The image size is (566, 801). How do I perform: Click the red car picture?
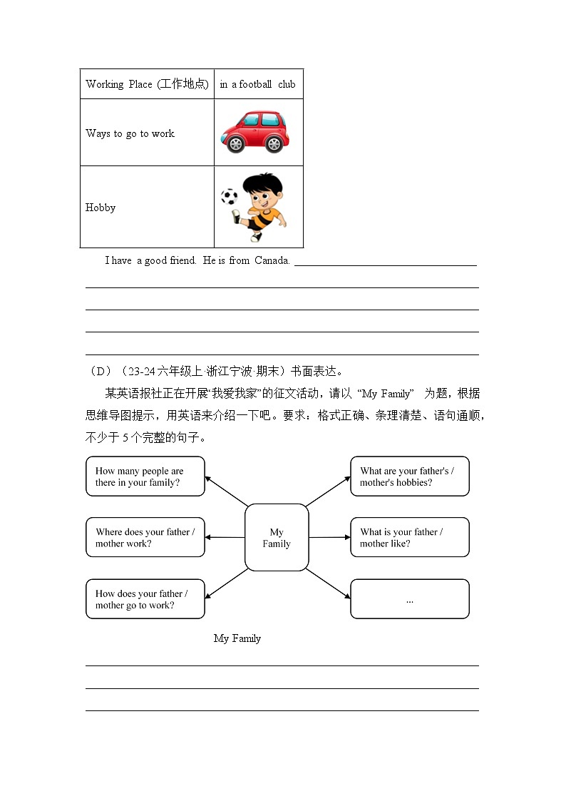pyautogui.click(x=255, y=132)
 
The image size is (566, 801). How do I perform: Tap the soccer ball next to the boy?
pyautogui.click(x=229, y=197)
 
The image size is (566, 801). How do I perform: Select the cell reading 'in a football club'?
pyautogui.click(x=257, y=84)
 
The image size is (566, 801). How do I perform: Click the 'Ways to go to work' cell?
pyautogui.click(x=130, y=133)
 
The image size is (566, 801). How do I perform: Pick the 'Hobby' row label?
pyautogui.click(x=101, y=208)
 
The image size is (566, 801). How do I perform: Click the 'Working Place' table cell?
pyautogui.click(x=147, y=84)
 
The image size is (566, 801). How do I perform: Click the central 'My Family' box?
pyautogui.click(x=277, y=538)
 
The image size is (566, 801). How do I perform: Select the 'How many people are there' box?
pyautogui.click(x=145, y=476)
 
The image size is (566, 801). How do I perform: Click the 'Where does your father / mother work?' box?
pyautogui.click(x=145, y=538)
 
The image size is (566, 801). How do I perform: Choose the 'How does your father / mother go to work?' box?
pyautogui.click(x=145, y=599)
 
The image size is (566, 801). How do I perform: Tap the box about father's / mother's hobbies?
pyautogui.click(x=410, y=476)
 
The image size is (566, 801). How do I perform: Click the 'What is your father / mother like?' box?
pyautogui.click(x=410, y=538)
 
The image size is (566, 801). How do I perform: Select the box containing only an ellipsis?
pyautogui.click(x=410, y=599)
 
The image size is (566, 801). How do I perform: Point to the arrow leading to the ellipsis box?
pyautogui.click(x=328, y=583)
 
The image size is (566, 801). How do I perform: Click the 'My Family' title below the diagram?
pyautogui.click(x=237, y=638)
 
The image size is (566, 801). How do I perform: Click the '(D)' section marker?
pyautogui.click(x=99, y=371)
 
